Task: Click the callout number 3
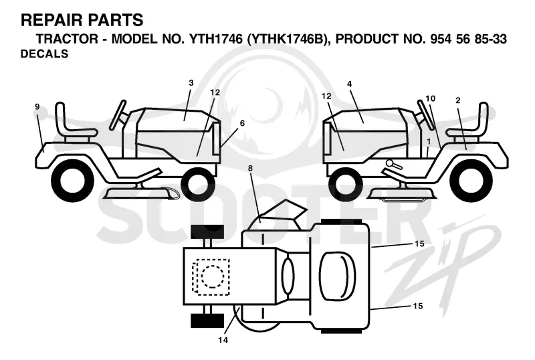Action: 191,83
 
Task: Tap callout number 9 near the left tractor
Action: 37,107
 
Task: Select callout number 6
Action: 242,123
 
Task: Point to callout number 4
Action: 349,84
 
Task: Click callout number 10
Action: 431,99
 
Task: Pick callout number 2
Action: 458,100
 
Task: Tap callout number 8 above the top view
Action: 250,169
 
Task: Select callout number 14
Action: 223,340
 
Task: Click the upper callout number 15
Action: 419,244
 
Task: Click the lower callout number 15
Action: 417,306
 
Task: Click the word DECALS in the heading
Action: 44,54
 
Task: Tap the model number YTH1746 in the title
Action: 216,39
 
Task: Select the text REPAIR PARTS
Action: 82,20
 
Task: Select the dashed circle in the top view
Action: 213,276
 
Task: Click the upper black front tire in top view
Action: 207,232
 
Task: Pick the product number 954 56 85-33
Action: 469,39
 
